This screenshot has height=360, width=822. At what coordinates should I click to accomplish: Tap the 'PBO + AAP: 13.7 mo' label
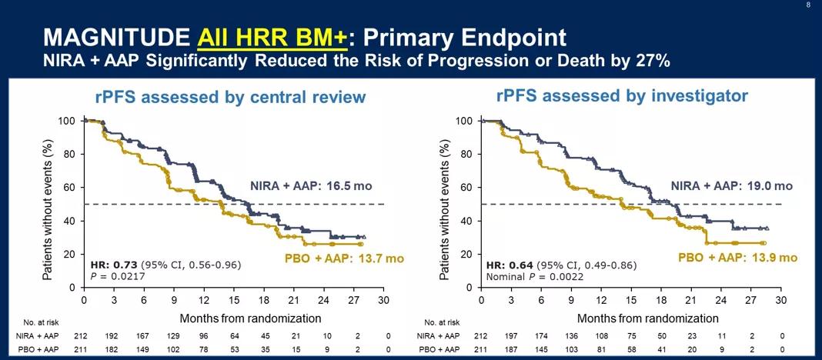[x=339, y=258]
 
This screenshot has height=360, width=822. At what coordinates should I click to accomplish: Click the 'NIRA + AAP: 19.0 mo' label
[x=731, y=186]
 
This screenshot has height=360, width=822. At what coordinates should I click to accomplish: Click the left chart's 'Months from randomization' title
[x=250, y=318]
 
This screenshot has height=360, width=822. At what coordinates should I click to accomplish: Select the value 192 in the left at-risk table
[x=112, y=335]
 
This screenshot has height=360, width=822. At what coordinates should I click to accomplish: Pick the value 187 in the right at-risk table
[x=510, y=349]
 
